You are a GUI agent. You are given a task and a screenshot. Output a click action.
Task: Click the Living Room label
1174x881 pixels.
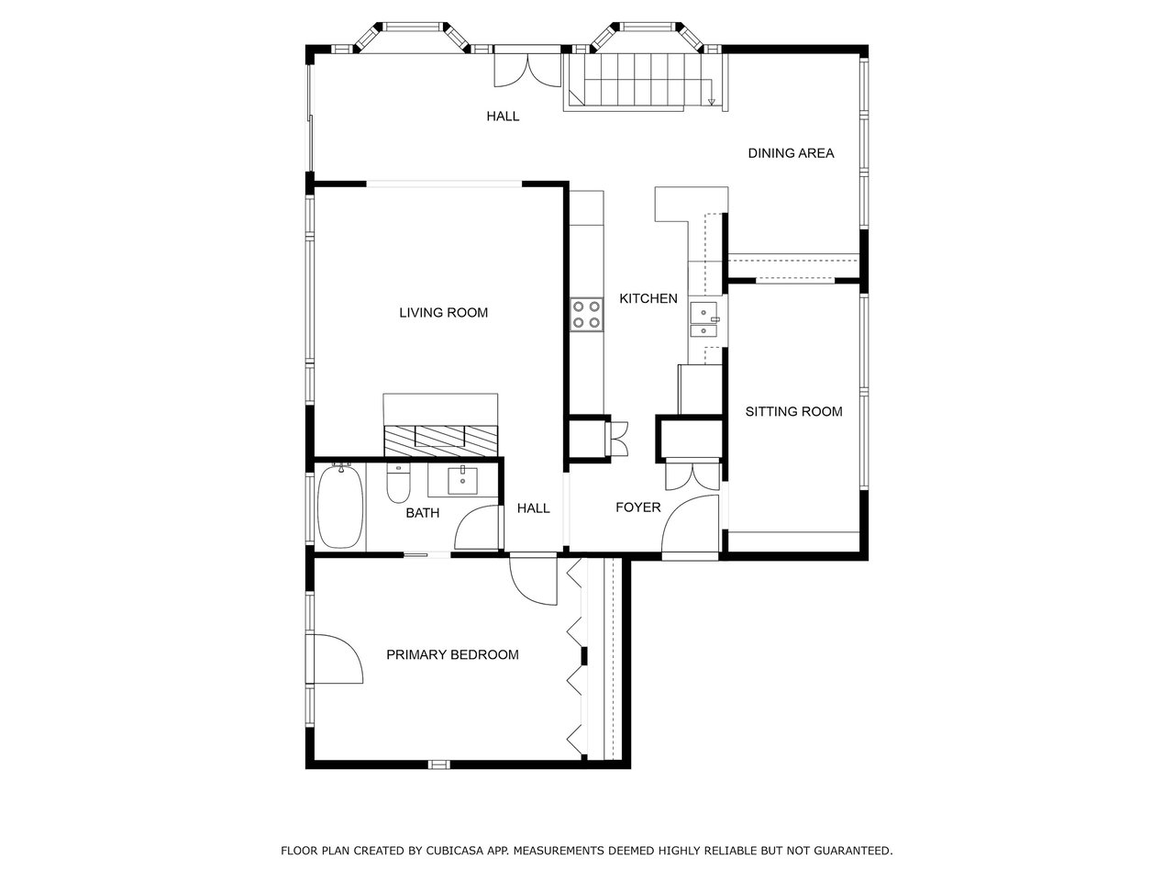tap(443, 313)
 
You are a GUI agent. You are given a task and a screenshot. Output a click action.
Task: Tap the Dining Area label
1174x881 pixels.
tap(791, 153)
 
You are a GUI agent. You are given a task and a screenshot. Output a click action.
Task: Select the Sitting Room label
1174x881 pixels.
tap(793, 411)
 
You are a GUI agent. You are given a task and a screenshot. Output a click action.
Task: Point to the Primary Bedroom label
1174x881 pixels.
tap(452, 654)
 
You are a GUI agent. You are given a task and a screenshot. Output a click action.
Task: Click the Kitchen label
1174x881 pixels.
tap(648, 298)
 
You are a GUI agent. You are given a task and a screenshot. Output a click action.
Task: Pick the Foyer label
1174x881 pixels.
tap(637, 507)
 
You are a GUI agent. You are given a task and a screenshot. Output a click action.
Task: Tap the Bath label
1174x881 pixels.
tap(422, 513)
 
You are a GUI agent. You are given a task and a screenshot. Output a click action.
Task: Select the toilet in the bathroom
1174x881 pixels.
tap(398, 484)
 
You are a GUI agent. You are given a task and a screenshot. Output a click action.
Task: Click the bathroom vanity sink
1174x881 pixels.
tap(463, 479)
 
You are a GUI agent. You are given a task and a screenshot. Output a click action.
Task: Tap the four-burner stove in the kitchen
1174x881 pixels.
tap(587, 314)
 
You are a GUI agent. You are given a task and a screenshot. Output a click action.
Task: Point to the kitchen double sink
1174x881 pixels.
tap(703, 320)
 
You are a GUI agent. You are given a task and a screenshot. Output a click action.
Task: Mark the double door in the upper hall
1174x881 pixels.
tap(526, 72)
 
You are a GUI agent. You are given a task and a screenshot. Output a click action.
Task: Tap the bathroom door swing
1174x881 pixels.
tap(477, 529)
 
